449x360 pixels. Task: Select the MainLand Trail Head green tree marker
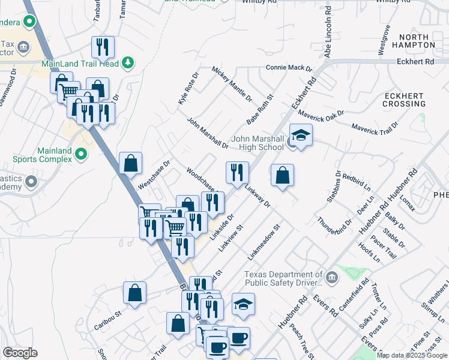[127, 62]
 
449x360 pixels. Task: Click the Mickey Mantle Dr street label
[232, 83]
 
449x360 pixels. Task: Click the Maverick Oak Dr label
[323, 114]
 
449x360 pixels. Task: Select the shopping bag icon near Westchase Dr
[130, 163]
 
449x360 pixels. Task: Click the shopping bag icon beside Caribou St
[134, 293]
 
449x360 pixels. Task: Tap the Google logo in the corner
[20, 353]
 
